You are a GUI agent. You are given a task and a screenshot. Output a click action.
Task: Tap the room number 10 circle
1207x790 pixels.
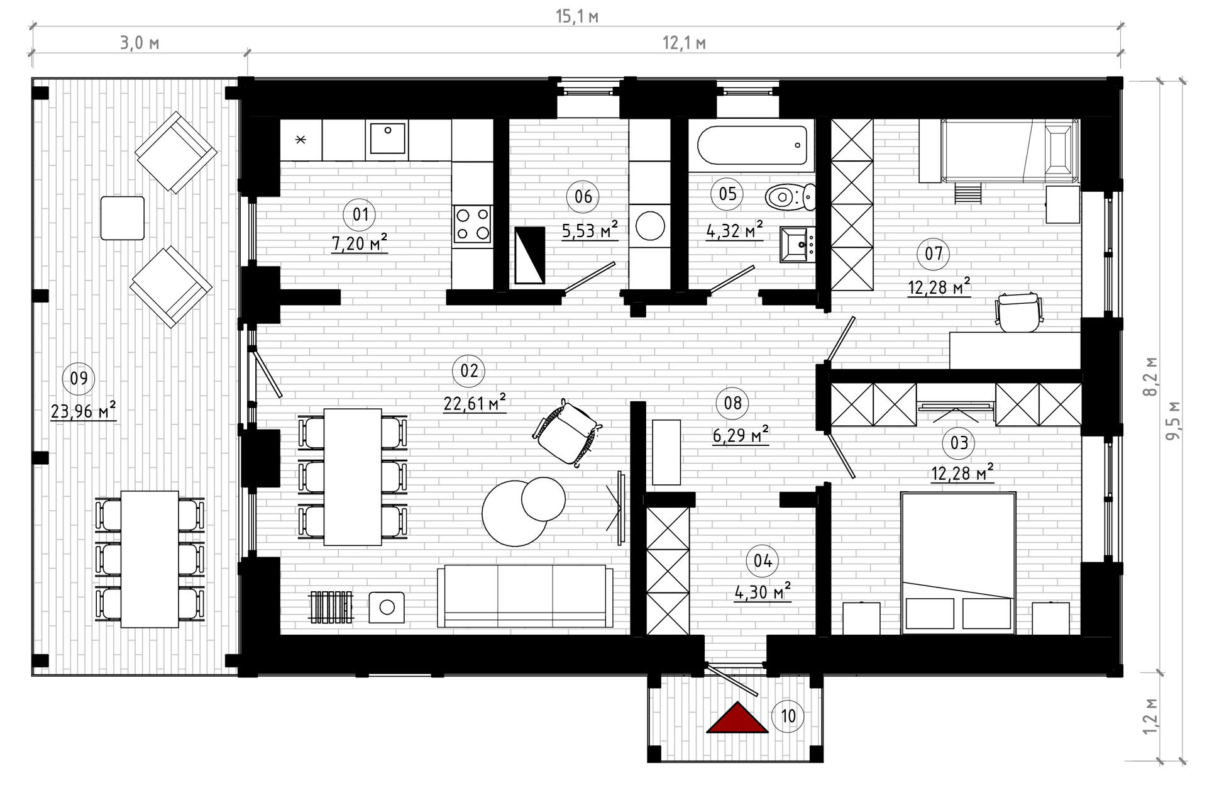coord(788,716)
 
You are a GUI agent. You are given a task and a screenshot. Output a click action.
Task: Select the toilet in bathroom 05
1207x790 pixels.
coord(790,197)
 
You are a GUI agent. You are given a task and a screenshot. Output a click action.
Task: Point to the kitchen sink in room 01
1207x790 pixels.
coord(387,138)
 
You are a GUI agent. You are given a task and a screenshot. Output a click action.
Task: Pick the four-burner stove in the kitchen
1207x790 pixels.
coord(472,224)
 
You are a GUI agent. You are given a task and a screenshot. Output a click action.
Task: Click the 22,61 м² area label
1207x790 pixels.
coord(475,403)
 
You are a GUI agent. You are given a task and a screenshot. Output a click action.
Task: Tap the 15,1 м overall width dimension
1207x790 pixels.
coord(576,16)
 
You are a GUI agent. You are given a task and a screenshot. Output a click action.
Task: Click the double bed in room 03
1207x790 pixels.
coord(958,562)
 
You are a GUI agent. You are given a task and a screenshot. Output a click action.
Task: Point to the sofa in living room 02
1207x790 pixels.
coord(525,595)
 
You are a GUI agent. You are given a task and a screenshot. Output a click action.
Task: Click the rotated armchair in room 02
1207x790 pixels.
coord(566,433)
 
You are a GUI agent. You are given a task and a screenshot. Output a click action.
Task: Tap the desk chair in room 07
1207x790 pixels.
coord(1018,312)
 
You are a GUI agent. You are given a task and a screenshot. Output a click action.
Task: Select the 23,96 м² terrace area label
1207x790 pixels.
coord(83,411)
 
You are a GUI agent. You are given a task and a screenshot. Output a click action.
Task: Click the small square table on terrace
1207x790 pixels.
coord(123,218)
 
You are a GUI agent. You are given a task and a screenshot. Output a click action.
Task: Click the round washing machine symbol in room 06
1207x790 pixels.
coord(650,225)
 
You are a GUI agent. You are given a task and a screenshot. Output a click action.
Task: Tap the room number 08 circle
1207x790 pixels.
coord(733,403)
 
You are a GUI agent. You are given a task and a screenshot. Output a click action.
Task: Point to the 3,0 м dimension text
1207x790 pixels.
coord(139,43)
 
